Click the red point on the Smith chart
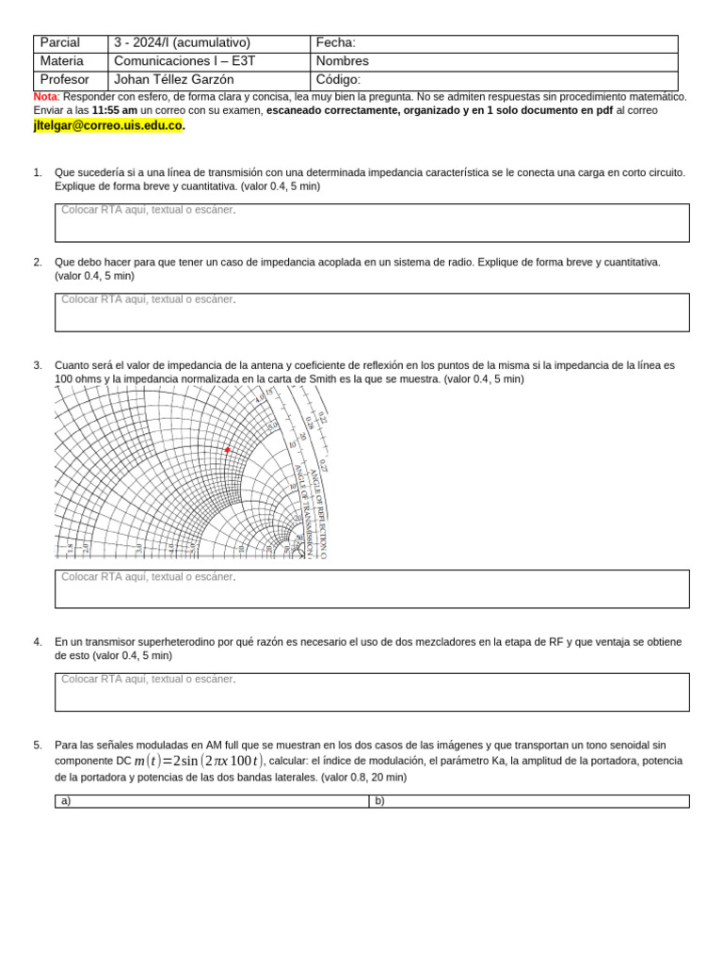pos(227,450)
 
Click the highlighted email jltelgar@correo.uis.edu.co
pos(107,126)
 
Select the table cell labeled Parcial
pos(71,43)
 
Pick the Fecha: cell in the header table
pos(493,43)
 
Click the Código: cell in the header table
pos(493,80)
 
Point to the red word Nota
pos(44,97)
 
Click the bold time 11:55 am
pos(115,111)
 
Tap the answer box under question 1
pos(372,223)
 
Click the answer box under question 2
pos(372,313)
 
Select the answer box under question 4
pos(372,692)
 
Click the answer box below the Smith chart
pos(372,588)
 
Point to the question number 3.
pos(38,365)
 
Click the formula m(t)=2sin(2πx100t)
pos(199,761)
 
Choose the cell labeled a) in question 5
pos(211,801)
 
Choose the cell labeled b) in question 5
pos(528,801)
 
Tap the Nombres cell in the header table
pos(493,61)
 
